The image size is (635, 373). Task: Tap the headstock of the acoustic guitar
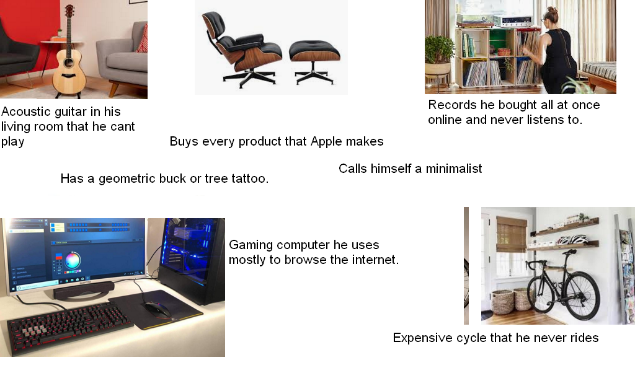pos(68,11)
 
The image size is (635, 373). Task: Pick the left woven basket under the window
pos(502,302)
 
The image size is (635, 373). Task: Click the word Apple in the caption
pos(327,141)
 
